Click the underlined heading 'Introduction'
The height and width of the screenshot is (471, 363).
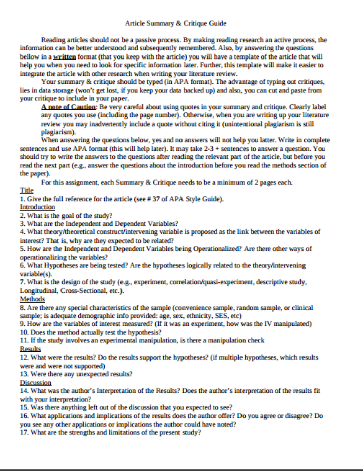(37, 207)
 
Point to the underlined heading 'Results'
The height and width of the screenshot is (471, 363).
(30, 349)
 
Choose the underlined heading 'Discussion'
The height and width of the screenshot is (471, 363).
(36, 382)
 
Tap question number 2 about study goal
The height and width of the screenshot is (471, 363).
(23, 216)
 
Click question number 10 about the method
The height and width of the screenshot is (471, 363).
(24, 332)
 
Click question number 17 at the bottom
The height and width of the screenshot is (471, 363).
(24, 432)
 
